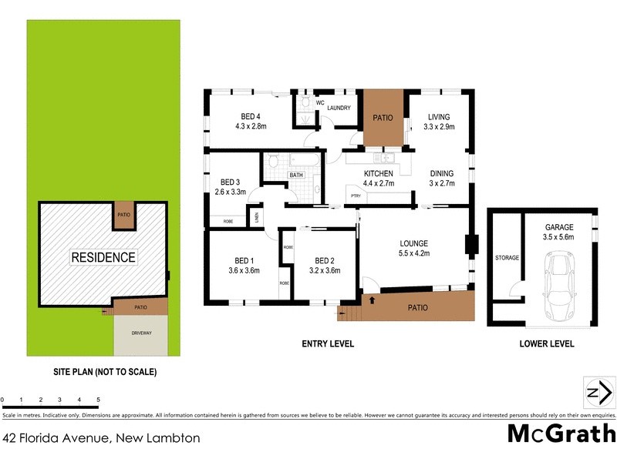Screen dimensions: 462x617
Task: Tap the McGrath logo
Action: click(x=561, y=433)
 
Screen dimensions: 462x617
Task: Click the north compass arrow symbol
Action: click(x=599, y=393)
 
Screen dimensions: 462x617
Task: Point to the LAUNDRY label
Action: click(x=339, y=108)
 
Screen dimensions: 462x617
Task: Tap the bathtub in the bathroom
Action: click(x=296, y=162)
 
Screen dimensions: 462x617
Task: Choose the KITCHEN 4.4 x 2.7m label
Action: click(x=379, y=179)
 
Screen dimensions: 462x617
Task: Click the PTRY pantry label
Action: click(x=356, y=196)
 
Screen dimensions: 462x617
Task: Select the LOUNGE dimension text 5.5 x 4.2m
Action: click(x=413, y=253)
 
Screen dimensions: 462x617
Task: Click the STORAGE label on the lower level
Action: click(x=507, y=257)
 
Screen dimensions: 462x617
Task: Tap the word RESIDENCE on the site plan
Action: click(x=103, y=257)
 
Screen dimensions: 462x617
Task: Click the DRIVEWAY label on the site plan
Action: click(x=140, y=333)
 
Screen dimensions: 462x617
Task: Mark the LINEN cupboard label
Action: click(x=257, y=217)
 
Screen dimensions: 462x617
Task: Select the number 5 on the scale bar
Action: click(x=98, y=400)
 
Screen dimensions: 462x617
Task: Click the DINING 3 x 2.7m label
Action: click(x=442, y=179)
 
